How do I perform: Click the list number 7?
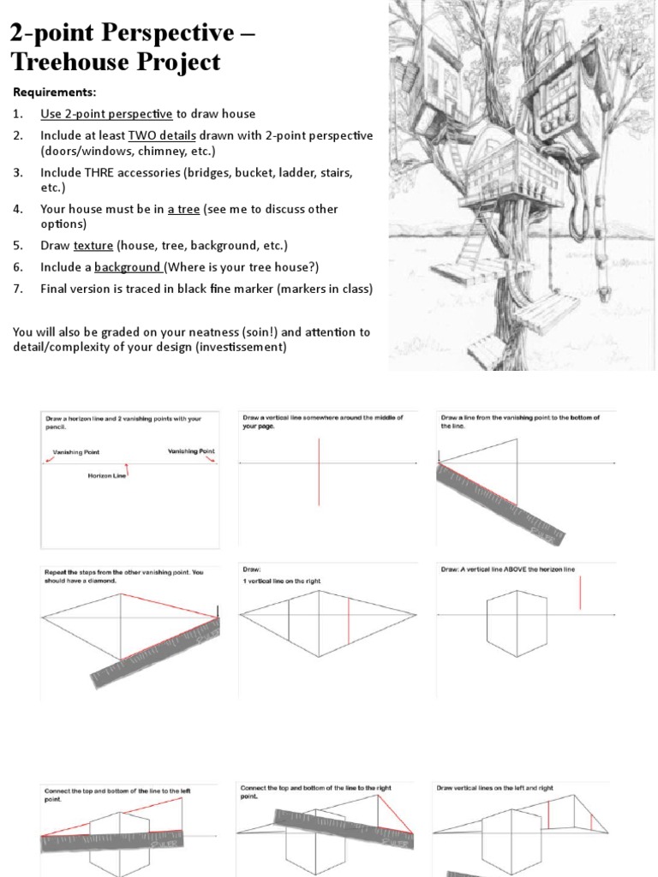pos(16,289)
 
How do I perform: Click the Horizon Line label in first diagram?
pos(107,476)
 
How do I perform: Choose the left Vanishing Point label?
pos(75,451)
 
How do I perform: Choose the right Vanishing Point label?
pos(190,450)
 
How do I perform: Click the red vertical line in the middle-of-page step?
pos(319,471)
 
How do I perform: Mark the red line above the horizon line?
pos(580,593)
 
